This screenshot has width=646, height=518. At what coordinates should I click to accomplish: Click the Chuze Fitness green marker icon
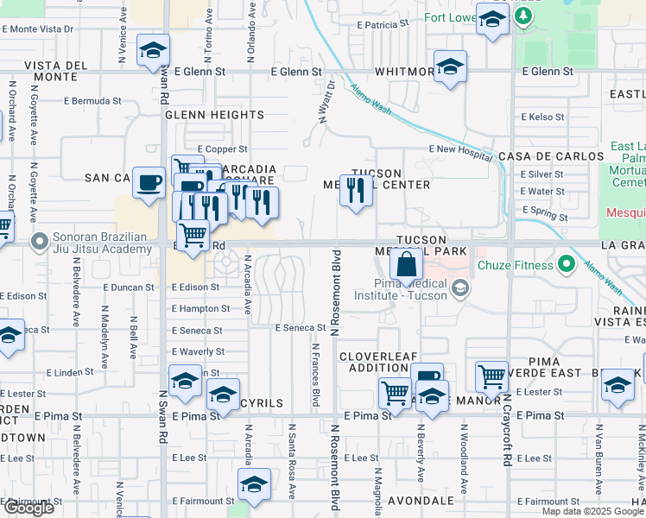567,262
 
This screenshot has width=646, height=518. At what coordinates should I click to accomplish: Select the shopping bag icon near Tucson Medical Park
406,264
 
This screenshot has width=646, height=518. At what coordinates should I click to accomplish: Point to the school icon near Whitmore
450,66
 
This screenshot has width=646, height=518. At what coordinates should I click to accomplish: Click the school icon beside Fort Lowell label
492,19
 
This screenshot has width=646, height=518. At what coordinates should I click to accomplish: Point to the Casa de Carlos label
551,156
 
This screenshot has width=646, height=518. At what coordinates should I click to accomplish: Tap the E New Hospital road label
461,148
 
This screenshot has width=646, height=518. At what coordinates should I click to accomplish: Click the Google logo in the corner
28,508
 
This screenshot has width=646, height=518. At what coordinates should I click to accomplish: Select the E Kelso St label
543,117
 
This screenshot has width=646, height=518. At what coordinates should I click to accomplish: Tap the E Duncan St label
128,287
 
